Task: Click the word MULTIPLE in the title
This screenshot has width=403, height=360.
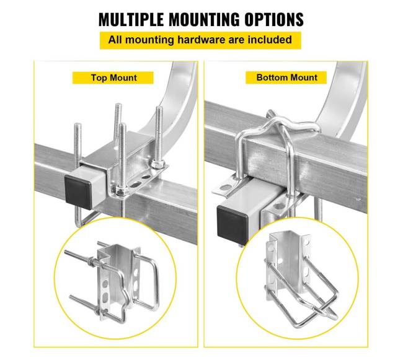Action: tap(131, 19)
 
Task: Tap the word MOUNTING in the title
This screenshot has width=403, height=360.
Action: tap(204, 19)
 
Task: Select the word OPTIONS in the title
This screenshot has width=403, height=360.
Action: tap(274, 19)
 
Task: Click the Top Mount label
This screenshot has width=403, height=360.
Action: tap(113, 78)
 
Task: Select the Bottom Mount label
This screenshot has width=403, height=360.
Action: tap(287, 77)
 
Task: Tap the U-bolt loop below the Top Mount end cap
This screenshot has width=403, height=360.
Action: tap(85, 218)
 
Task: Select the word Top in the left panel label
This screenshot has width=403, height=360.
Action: tap(99, 78)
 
